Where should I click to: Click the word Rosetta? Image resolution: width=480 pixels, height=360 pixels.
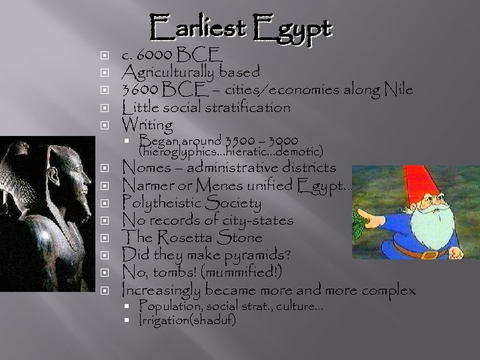tap(189, 237)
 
